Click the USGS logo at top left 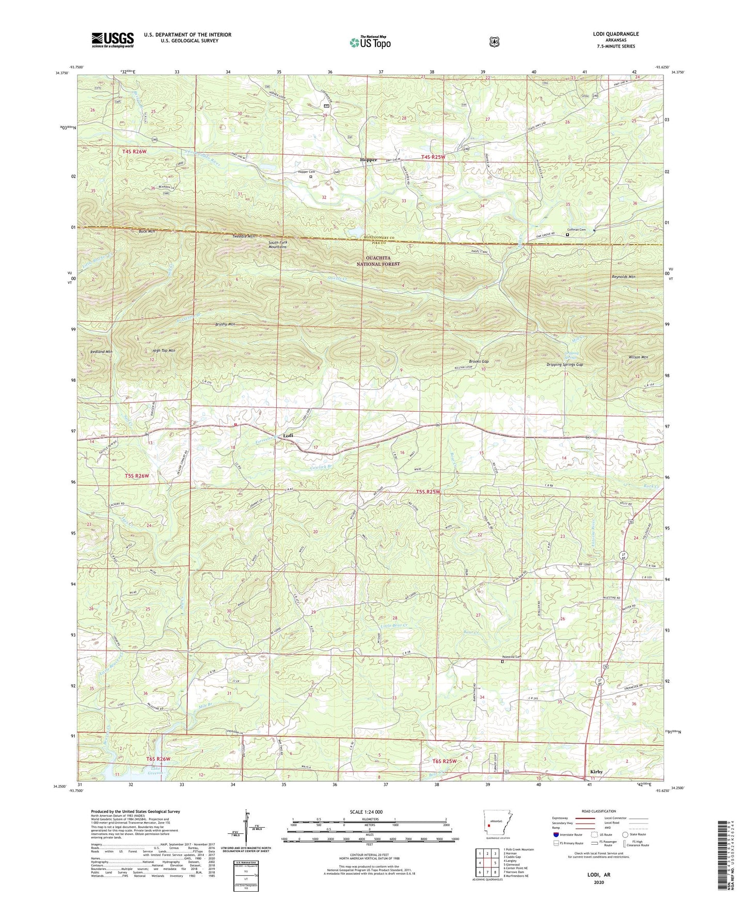pyautogui.click(x=113, y=40)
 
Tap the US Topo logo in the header pyautogui.click(x=370, y=42)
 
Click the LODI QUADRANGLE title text pyautogui.click(x=615, y=34)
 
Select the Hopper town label pyautogui.click(x=368, y=160)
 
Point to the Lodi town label pyautogui.click(x=288, y=436)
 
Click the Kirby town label pyautogui.click(x=596, y=772)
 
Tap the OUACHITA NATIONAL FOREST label pyautogui.click(x=379, y=261)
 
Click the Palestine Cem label pyautogui.click(x=511, y=657)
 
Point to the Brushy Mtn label pyautogui.click(x=225, y=325)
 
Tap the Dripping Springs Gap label pyautogui.click(x=565, y=365)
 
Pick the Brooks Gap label pyautogui.click(x=479, y=361)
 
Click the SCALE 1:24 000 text pyautogui.click(x=366, y=812)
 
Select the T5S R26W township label pyautogui.click(x=136, y=476)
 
